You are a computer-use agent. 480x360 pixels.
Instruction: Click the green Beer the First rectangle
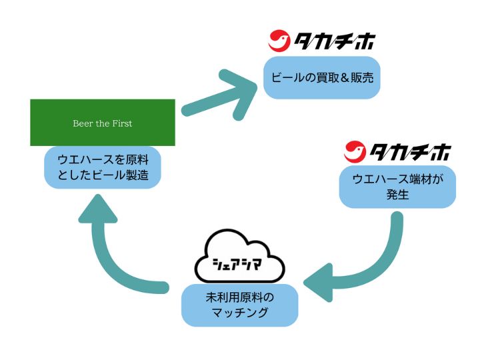coord(103,123)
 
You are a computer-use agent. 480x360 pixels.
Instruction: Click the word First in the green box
coord(122,123)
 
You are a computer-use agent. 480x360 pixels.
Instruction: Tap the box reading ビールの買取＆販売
coord(322,78)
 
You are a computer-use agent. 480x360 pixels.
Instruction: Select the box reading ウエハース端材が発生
coord(397,187)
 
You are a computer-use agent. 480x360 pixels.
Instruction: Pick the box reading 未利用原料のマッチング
coord(240,305)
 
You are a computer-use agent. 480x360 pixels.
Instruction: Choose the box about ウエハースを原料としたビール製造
coord(103,167)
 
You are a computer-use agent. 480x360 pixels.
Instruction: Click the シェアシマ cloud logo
coord(240,256)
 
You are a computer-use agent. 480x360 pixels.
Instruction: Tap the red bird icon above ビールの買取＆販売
coord(279,40)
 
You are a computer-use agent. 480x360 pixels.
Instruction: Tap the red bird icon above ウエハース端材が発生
coord(355,151)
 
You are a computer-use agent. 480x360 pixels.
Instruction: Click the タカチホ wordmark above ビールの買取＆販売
coord(335,41)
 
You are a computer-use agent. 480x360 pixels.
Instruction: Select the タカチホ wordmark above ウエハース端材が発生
coord(411,152)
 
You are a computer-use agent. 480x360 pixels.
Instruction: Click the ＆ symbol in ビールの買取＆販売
coord(345,78)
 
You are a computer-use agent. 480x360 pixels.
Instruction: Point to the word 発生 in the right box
coord(397,195)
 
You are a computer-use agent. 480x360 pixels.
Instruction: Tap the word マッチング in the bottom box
coord(240,313)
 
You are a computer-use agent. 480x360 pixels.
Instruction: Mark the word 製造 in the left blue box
coord(137,175)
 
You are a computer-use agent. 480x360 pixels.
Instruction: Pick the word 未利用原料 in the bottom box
coord(234,297)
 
